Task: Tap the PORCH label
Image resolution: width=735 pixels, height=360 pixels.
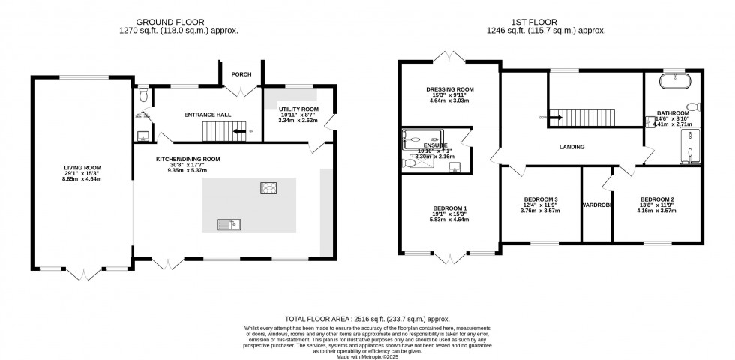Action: [241, 74]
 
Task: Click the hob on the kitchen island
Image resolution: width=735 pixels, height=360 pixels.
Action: [268, 187]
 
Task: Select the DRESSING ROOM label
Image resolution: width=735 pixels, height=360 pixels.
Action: [450, 90]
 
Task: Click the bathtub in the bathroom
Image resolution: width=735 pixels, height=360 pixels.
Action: [675, 77]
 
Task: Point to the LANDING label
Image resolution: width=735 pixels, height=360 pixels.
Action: [571, 147]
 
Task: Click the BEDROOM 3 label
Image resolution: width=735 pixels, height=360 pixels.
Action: [540, 200]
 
